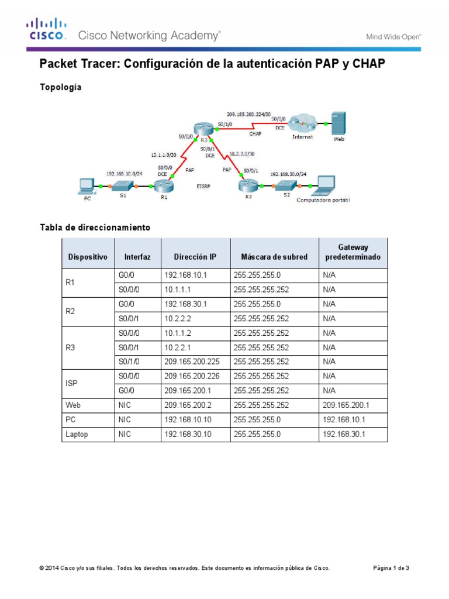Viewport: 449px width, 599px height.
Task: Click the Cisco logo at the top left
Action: (x=44, y=29)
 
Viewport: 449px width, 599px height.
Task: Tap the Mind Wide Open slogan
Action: (x=393, y=36)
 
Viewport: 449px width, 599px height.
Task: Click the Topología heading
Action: (x=60, y=87)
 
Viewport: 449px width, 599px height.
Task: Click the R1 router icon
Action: (x=161, y=187)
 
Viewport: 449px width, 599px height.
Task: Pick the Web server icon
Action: (x=338, y=123)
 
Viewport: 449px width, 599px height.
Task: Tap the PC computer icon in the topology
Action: (x=85, y=186)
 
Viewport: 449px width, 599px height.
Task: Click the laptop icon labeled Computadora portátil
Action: (x=323, y=185)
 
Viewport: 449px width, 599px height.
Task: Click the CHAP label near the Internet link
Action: (x=255, y=134)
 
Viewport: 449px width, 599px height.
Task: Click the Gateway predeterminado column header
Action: (x=353, y=252)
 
